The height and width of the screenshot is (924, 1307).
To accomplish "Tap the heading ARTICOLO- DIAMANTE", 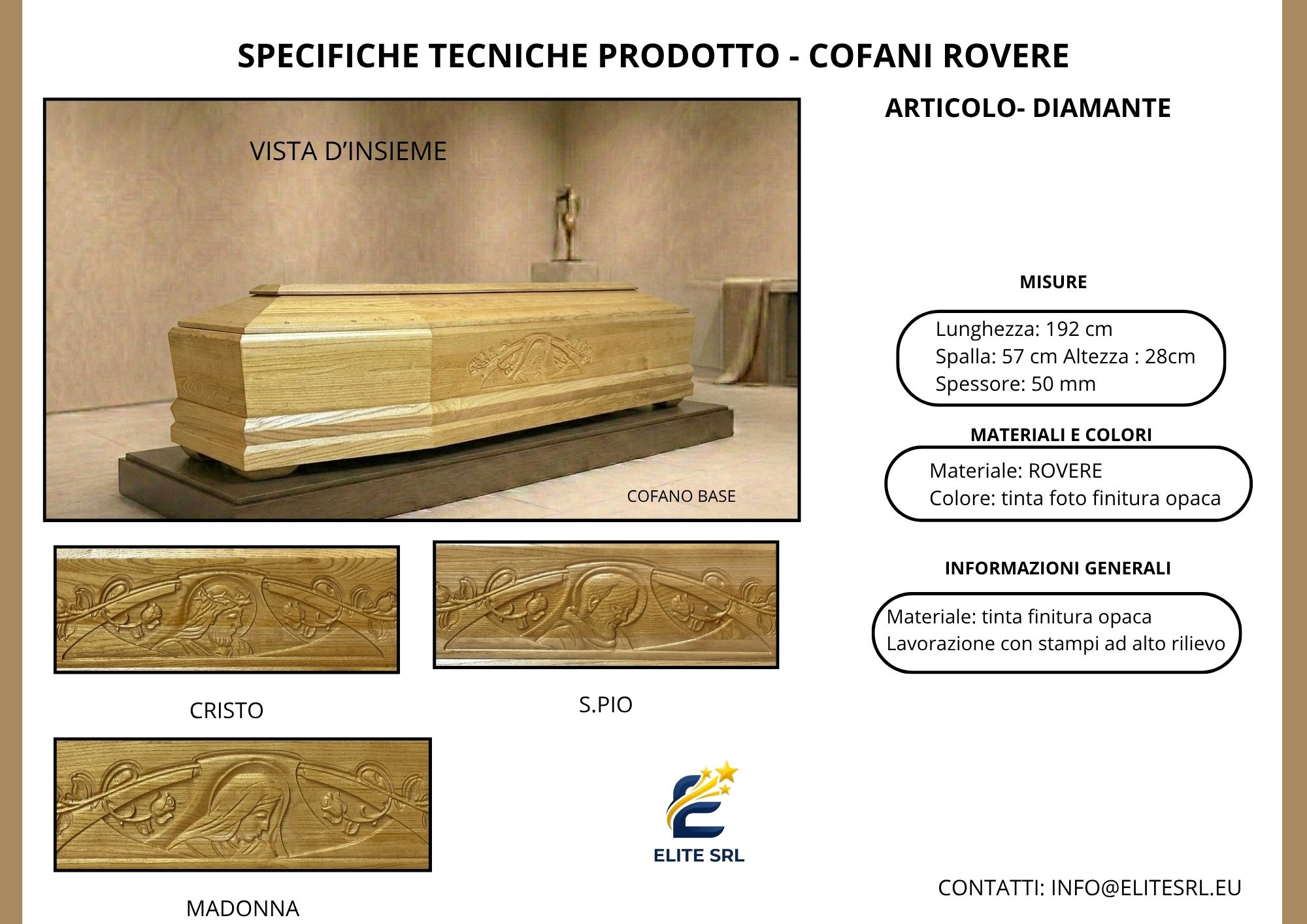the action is (x=1028, y=108).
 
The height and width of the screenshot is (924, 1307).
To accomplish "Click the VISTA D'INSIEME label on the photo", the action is (x=348, y=151).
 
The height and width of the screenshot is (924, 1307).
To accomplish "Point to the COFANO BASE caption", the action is (x=681, y=497).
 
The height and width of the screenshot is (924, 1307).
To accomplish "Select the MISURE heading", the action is (x=1053, y=282).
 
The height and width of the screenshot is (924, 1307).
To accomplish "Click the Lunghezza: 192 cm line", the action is (x=1024, y=329).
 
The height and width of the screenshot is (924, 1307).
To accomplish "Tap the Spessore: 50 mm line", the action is (x=1016, y=384).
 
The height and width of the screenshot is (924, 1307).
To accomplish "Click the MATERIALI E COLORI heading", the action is (x=1061, y=435).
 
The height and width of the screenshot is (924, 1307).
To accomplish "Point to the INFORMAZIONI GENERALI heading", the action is (x=1058, y=569).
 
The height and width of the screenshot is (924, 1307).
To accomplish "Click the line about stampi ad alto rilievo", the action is (x=1055, y=644).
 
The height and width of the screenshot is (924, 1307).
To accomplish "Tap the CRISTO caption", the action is (x=226, y=710).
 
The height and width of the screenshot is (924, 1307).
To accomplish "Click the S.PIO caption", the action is (x=606, y=704).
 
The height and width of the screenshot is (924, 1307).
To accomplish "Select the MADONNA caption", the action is (x=242, y=908).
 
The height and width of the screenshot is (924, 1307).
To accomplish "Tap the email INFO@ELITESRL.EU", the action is (x=1146, y=888).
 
